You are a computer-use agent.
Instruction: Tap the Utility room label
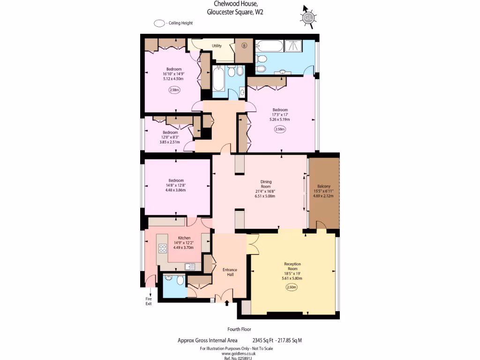point(217,46)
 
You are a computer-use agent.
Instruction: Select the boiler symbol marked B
point(244,46)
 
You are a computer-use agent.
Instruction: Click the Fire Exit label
point(149,301)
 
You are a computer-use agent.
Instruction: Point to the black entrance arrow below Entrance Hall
point(227,304)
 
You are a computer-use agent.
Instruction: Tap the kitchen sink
point(190,267)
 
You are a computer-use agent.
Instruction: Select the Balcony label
point(324,186)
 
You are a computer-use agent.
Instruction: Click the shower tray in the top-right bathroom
point(294,46)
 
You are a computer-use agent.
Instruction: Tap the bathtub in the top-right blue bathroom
point(270,46)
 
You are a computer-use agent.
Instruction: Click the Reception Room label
point(292,266)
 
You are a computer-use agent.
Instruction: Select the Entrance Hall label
point(230,272)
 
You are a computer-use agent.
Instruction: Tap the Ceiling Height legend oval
point(159,23)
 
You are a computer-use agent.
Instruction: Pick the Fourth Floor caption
point(239,330)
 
